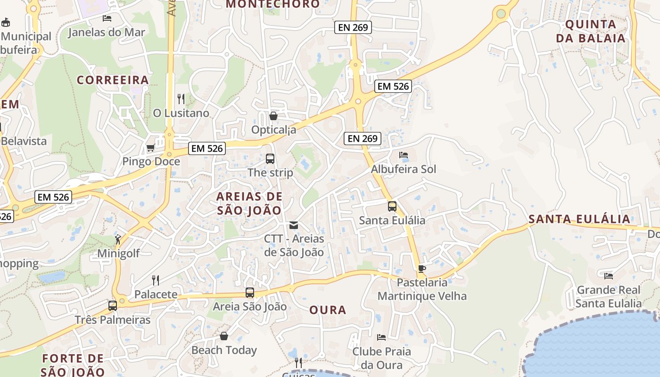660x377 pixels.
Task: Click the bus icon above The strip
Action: pyautogui.click(x=270, y=159)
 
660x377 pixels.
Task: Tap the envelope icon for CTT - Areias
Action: pyautogui.click(x=294, y=225)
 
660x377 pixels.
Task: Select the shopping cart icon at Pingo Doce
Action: pyautogui.click(x=151, y=148)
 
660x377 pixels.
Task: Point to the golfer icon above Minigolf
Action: pyautogui.click(x=118, y=239)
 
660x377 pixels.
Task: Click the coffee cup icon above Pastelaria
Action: pyautogui.click(x=422, y=269)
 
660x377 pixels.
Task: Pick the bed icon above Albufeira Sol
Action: pyautogui.click(x=404, y=155)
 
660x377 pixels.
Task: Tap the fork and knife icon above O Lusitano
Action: pyautogui.click(x=181, y=98)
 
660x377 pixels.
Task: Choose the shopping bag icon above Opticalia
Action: pyautogui.click(x=273, y=116)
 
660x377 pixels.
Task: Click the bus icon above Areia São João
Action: pyautogui.click(x=250, y=293)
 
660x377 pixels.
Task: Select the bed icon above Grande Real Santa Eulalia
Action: pyautogui.click(x=609, y=276)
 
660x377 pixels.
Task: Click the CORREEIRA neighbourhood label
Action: pyautogui.click(x=113, y=80)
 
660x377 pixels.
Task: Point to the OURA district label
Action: pyautogui.click(x=328, y=310)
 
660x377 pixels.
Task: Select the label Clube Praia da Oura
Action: pyautogui.click(x=382, y=358)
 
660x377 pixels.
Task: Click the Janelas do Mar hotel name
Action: pyautogui.click(x=107, y=33)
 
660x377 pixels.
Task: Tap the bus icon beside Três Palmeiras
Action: pyautogui.click(x=113, y=305)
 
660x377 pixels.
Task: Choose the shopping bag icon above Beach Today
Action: pyautogui.click(x=224, y=336)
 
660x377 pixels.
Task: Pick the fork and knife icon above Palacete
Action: pyautogui.click(x=156, y=280)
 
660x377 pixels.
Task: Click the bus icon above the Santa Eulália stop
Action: pyautogui.click(x=392, y=206)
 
